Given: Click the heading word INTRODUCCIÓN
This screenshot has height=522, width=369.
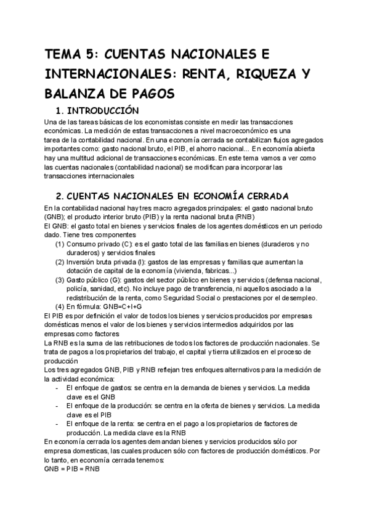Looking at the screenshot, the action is pyautogui.click(x=108, y=111).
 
